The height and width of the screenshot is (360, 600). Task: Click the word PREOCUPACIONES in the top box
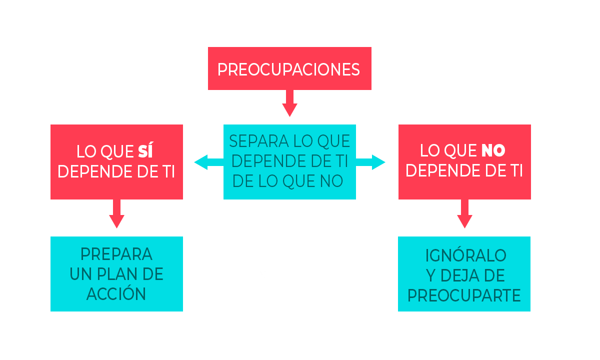(x=289, y=69)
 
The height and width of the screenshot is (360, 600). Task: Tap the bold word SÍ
(x=148, y=151)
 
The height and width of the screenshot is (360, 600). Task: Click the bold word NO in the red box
(x=493, y=150)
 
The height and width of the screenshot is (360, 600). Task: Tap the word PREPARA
(x=116, y=254)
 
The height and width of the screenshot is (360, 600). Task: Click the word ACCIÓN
(x=116, y=294)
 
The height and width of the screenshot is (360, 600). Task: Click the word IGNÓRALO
(x=465, y=255)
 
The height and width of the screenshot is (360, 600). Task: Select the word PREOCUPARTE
(x=464, y=295)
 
